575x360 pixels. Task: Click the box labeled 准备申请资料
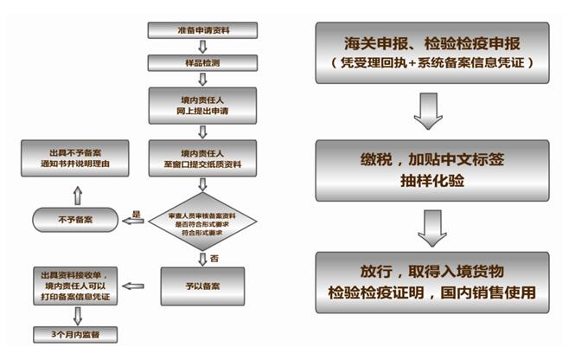click(204, 30)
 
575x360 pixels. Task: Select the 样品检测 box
click(204, 62)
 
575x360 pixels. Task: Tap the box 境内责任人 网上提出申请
click(204, 105)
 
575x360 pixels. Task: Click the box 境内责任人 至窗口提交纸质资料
click(204, 160)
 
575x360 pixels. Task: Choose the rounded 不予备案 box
click(75, 220)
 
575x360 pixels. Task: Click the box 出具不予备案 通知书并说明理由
click(75, 158)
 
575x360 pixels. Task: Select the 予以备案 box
click(204, 286)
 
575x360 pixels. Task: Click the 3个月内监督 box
click(75, 334)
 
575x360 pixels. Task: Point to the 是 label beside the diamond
click(136, 212)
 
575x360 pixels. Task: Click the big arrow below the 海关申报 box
click(430, 111)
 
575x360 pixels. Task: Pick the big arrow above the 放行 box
click(431, 227)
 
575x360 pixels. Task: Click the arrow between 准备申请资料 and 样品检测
click(204, 47)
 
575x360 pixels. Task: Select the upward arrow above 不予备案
click(75, 190)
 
